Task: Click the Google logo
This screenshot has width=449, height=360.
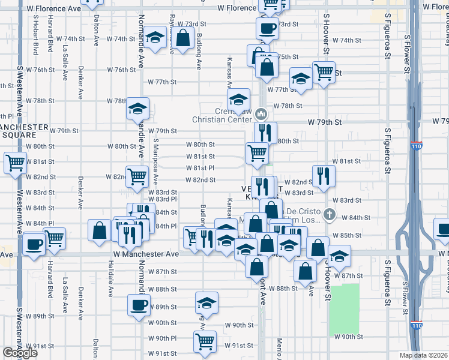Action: [x=19, y=353]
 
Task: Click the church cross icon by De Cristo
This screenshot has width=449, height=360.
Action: [x=329, y=214]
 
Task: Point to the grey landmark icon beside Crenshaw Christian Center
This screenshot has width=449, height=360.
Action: [x=261, y=113]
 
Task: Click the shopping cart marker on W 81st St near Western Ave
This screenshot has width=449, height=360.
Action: [x=15, y=161]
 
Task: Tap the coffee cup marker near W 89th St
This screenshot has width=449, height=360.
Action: [x=139, y=304]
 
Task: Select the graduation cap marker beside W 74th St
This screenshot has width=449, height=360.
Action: [x=155, y=39]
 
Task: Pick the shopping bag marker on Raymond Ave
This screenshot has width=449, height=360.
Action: [x=183, y=39]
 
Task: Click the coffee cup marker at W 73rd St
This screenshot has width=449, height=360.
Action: [x=267, y=27]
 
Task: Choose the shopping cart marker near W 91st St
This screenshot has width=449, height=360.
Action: [x=205, y=341]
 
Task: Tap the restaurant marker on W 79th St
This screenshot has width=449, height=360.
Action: [x=265, y=132]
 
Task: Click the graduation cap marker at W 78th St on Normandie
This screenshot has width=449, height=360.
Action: [x=137, y=108]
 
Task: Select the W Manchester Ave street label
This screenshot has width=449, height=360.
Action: [x=146, y=254]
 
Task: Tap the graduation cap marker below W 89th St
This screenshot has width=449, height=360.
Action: [x=206, y=302]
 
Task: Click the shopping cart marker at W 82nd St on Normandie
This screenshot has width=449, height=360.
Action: [x=137, y=176]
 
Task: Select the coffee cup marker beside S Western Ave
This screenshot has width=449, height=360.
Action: [x=35, y=244]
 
